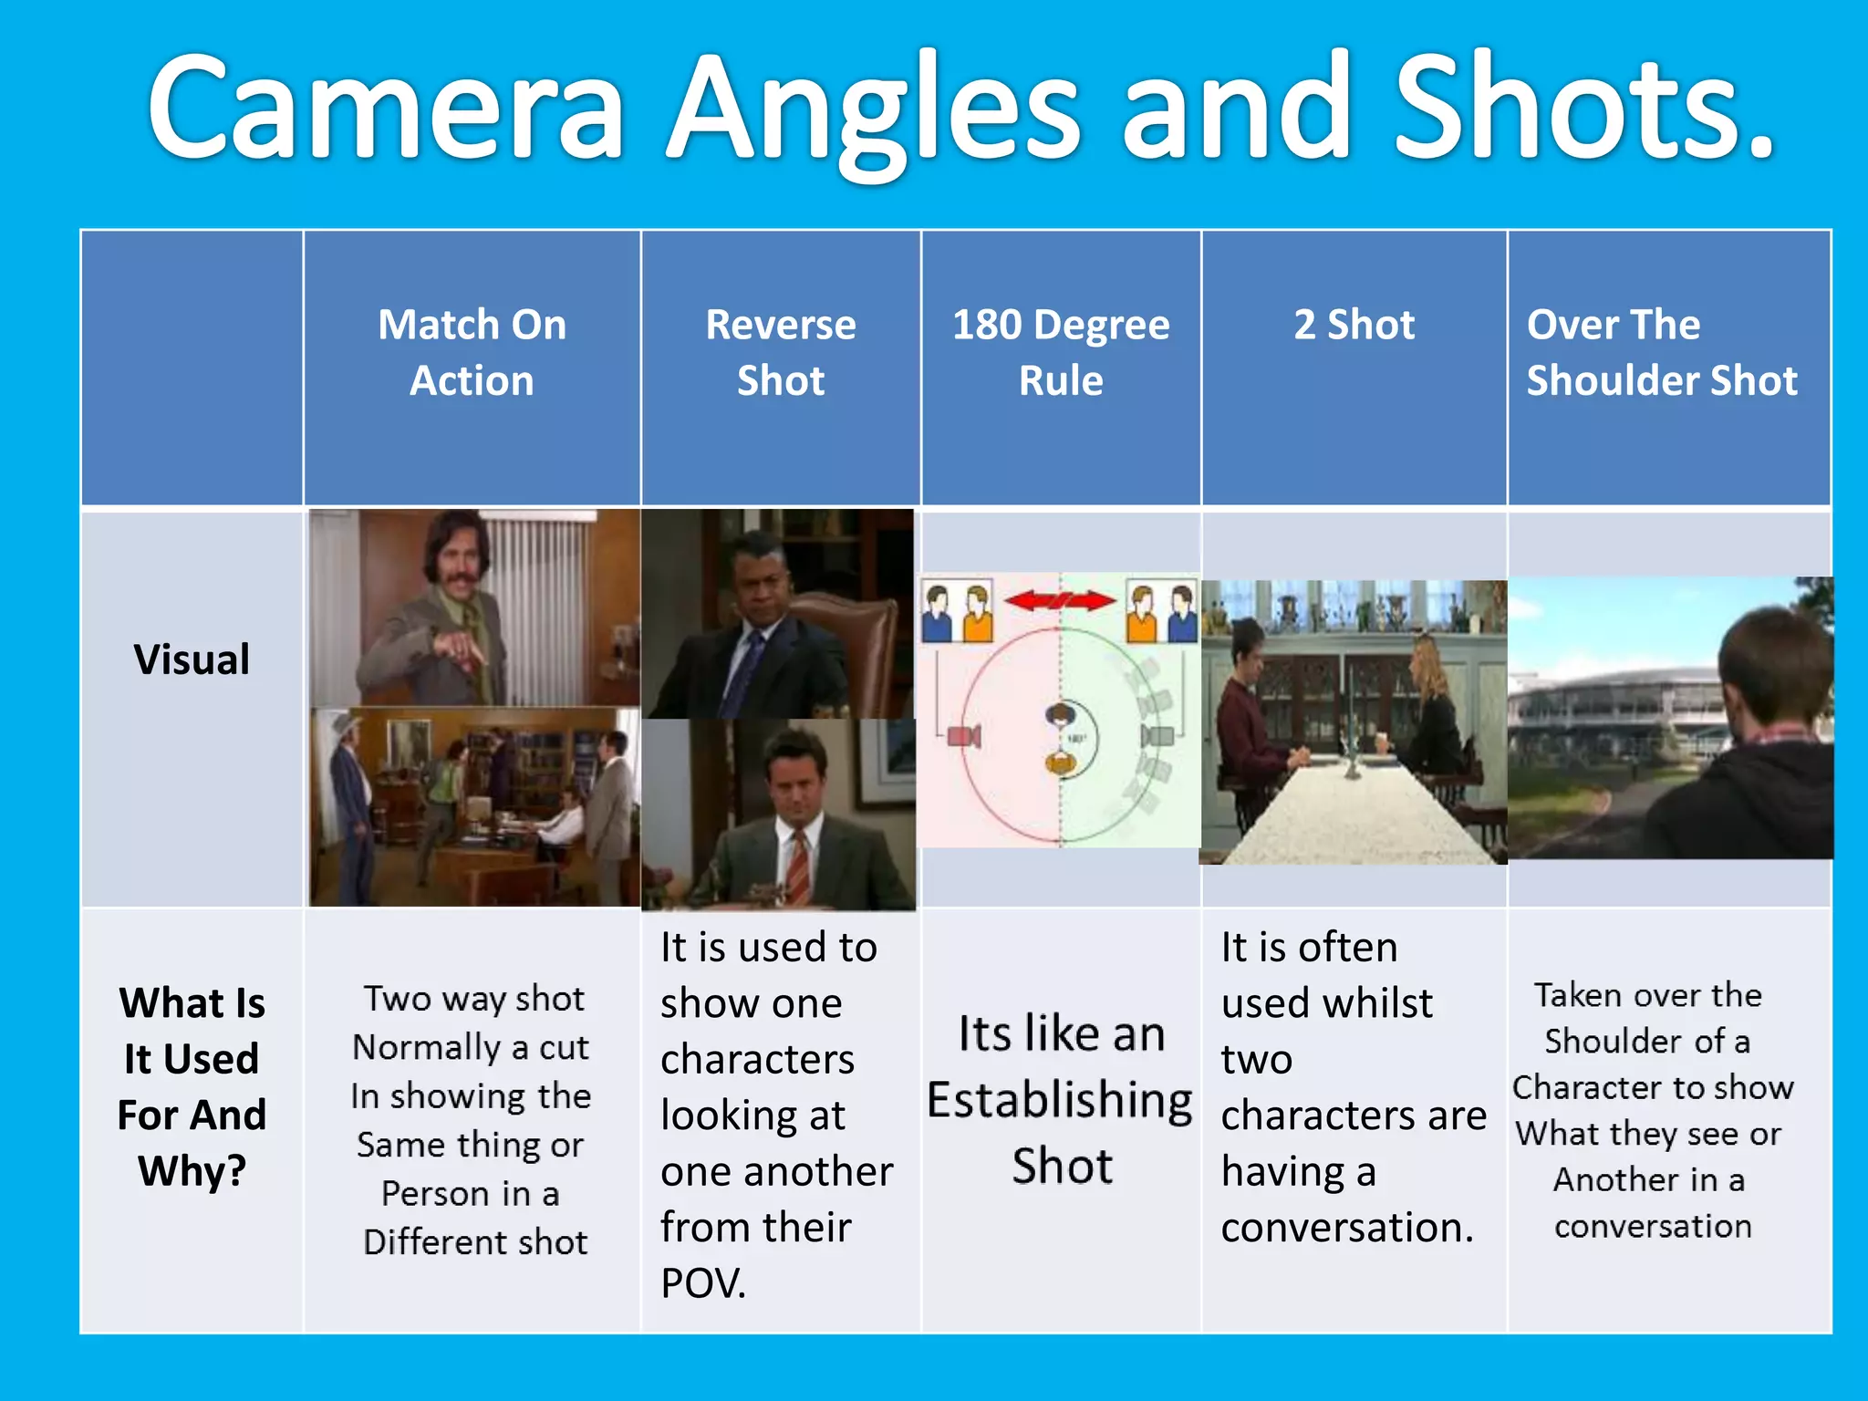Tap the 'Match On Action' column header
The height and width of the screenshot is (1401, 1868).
472,352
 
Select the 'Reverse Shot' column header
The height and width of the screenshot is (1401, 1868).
781,352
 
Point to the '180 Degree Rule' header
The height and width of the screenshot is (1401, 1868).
1061,352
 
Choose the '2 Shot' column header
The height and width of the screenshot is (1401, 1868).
1354,325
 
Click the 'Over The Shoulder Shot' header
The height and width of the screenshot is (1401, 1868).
1661,352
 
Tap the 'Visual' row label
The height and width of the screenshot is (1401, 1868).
192,659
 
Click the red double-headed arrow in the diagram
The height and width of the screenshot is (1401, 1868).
1060,600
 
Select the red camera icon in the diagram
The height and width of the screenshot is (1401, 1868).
963,735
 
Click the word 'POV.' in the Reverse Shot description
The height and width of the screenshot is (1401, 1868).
703,1283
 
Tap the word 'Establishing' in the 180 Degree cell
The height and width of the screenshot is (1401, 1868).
1060,1100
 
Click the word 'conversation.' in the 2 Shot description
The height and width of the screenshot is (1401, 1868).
1347,1228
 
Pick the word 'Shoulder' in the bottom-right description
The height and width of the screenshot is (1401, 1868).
1614,1042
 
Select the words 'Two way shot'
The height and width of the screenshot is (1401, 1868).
474,999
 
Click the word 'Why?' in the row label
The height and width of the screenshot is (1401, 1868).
192,1171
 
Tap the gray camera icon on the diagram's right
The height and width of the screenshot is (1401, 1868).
1157,735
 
